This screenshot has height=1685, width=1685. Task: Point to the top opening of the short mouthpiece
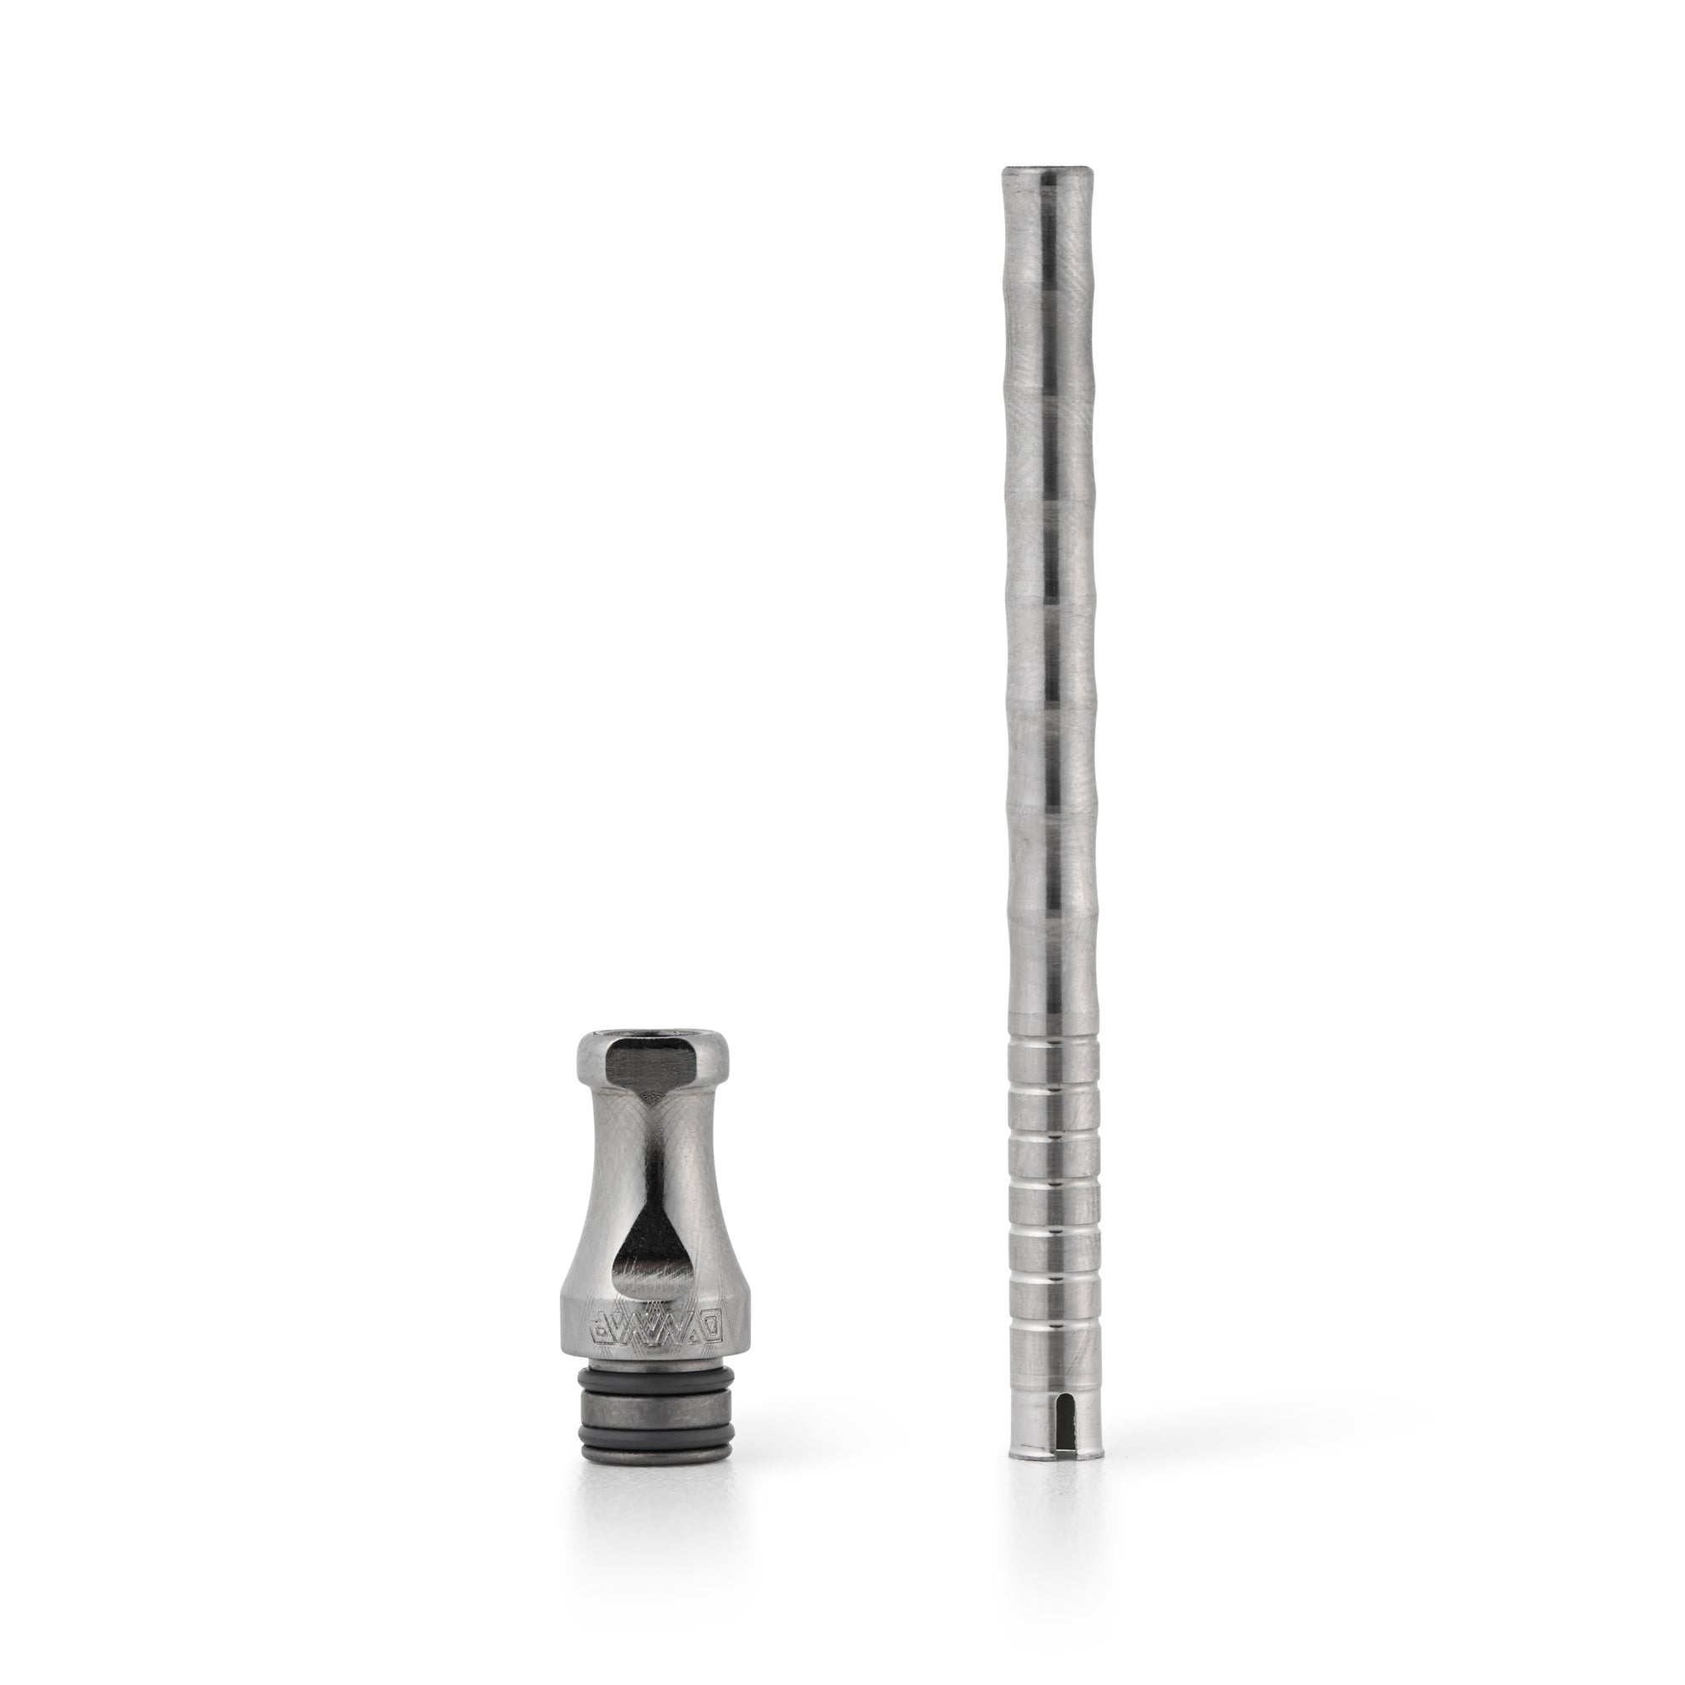(x=652, y=1039)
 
